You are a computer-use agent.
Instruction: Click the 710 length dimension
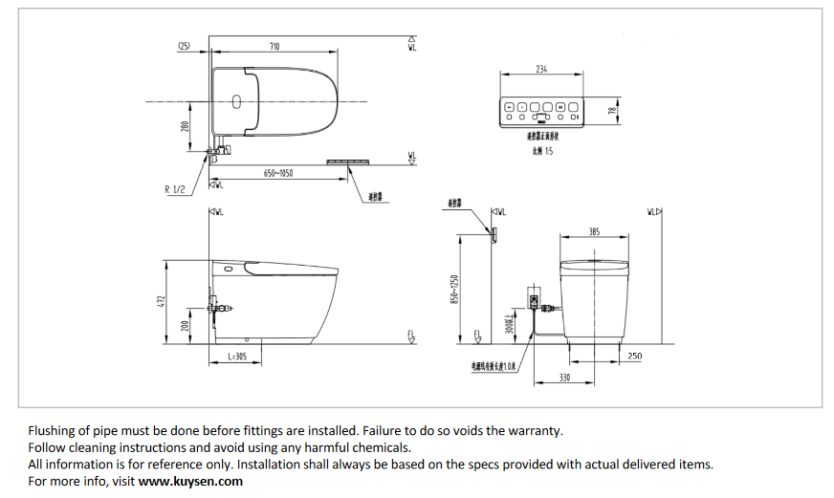point(274,46)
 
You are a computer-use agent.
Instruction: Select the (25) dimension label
point(185,46)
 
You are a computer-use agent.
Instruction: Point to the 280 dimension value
point(187,125)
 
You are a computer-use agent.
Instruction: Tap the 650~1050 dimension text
point(277,173)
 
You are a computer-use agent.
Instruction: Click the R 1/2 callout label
point(175,189)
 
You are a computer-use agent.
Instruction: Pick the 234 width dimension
point(541,69)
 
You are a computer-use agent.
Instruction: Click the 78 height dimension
point(613,111)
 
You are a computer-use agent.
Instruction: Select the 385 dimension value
point(594,232)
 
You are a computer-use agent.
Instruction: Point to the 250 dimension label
point(636,356)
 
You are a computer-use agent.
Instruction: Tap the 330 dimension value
point(566,378)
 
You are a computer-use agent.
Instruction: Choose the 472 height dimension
point(162,301)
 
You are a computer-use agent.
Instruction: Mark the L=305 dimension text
point(237,356)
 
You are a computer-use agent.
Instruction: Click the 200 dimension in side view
point(186,327)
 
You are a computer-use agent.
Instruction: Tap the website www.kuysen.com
point(190,481)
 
